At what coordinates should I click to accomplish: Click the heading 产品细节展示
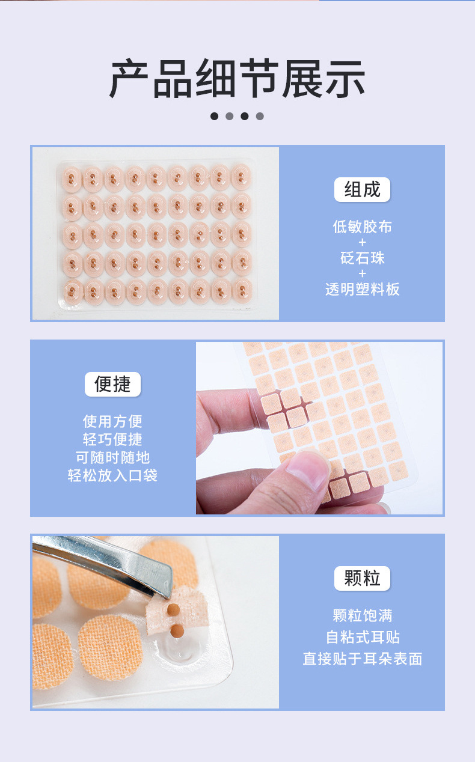point(237,79)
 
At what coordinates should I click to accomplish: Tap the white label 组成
point(362,189)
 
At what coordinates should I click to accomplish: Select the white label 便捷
point(112,384)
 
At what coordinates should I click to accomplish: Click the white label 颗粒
point(362,578)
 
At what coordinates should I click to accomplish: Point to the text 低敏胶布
point(362,227)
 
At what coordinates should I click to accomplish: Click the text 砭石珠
point(362,258)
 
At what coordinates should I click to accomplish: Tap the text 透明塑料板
point(362,289)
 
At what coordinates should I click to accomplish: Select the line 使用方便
point(112,421)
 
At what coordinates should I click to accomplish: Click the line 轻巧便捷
point(112,439)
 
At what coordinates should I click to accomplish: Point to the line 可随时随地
point(112,457)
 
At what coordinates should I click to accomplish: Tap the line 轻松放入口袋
point(112,475)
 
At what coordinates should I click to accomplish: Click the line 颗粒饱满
point(362,615)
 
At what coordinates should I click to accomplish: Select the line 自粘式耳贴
point(362,637)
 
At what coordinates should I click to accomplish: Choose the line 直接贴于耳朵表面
point(362,659)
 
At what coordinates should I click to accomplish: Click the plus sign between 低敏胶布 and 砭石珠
point(362,242)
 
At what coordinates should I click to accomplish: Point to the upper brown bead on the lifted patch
point(173,609)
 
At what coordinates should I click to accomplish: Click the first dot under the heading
point(215,116)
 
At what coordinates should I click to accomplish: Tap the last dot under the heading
point(260,116)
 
